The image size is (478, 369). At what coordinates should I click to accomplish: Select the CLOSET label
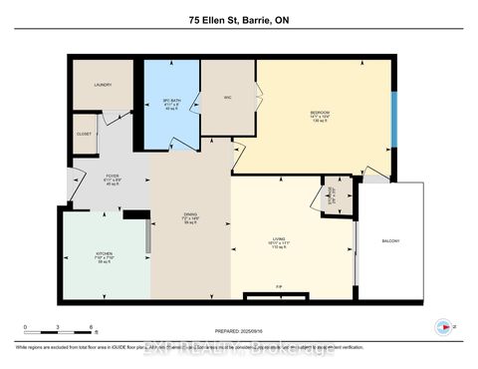pyautogui.click(x=86, y=134)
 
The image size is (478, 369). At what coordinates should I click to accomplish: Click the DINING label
pyautogui.click(x=190, y=215)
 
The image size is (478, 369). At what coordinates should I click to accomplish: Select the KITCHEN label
pyautogui.click(x=105, y=255)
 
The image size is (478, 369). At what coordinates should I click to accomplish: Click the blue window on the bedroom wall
pyautogui.click(x=393, y=118)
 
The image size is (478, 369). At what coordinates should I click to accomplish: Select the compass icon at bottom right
pyautogui.click(x=442, y=326)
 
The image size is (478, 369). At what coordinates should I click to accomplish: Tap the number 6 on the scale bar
pyautogui.click(x=91, y=326)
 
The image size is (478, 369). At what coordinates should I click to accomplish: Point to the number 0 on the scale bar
pyautogui.click(x=27, y=326)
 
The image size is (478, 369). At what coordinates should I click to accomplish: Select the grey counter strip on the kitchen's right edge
pyautogui.click(x=148, y=236)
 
